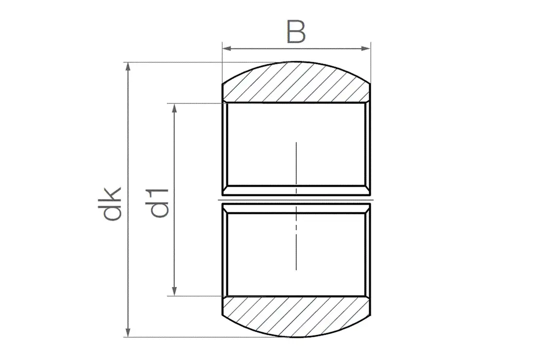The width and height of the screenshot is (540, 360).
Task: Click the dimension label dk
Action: (111, 203)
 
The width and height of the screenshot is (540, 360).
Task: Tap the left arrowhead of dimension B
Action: (226, 49)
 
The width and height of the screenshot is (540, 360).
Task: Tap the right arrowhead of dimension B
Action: (366, 49)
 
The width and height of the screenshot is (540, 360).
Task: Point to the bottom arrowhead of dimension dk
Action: (128, 333)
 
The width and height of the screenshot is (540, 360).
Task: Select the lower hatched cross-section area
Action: (296, 316)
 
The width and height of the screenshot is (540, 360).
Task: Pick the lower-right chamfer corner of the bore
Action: (368, 298)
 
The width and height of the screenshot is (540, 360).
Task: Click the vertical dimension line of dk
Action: (128, 154)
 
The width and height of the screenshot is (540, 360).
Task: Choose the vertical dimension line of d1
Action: (175, 154)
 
